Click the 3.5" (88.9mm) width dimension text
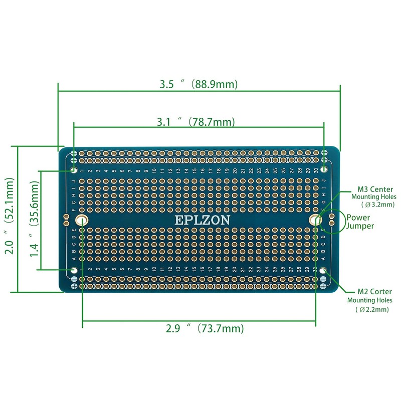[198, 84]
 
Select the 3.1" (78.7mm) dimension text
[195, 122]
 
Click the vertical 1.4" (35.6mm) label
[34, 219]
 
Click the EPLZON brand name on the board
[202, 220]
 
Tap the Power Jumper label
[361, 222]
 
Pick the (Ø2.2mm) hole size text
[372, 309]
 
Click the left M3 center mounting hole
[82, 220]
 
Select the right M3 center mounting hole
[315, 220]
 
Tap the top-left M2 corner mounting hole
[74, 166]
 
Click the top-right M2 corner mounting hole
[324, 166]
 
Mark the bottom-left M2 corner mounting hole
[74, 271]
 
